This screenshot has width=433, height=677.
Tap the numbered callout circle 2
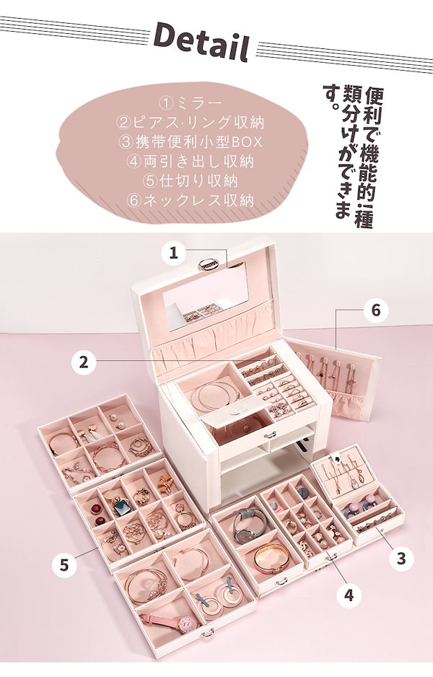(x=84, y=362)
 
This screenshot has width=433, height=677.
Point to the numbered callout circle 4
(x=349, y=594)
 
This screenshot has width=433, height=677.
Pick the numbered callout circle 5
(x=64, y=565)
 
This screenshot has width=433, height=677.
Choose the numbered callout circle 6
(x=375, y=311)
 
